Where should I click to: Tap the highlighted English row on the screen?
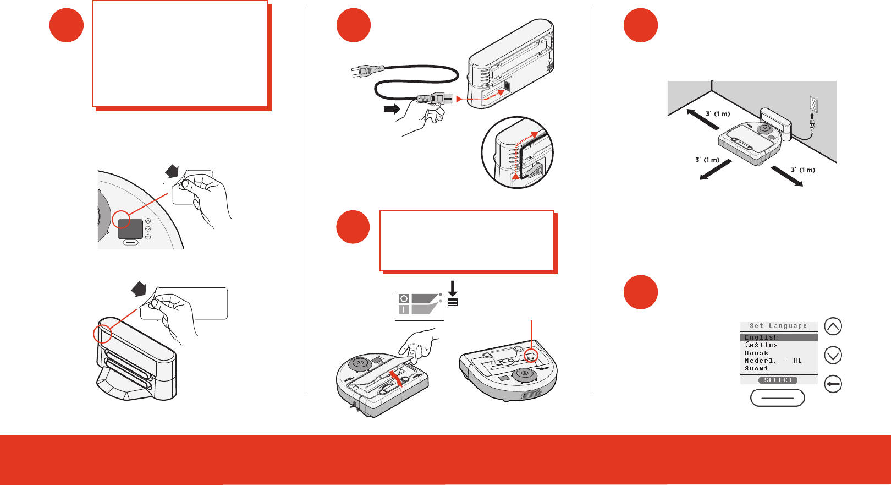pyautogui.click(x=778, y=337)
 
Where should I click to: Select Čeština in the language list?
pyautogui.click(x=761, y=345)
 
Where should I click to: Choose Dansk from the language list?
pyautogui.click(x=757, y=353)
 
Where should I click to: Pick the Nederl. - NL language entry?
pyautogui.click(x=773, y=361)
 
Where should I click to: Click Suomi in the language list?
pyautogui.click(x=756, y=368)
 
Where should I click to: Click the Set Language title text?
pyautogui.click(x=778, y=326)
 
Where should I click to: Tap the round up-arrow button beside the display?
pyautogui.click(x=833, y=326)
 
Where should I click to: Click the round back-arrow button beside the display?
pyautogui.click(x=833, y=384)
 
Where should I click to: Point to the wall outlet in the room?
pyautogui.click(x=814, y=105)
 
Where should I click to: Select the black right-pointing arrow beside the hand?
pyautogui.click(x=392, y=108)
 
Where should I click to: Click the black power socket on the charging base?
pyautogui.click(x=507, y=86)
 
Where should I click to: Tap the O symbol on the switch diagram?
pyautogui.click(x=404, y=298)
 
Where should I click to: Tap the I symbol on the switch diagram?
pyautogui.click(x=404, y=309)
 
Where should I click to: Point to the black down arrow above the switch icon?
pyautogui.click(x=453, y=288)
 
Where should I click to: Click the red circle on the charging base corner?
pyautogui.click(x=102, y=334)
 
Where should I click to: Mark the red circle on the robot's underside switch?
pyautogui.click(x=531, y=355)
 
